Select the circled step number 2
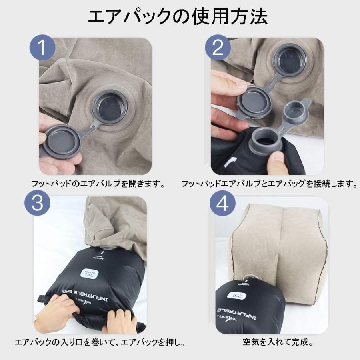point(218,48)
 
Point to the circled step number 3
point(38,204)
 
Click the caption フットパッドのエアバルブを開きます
point(98,184)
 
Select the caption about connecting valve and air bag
point(268,184)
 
